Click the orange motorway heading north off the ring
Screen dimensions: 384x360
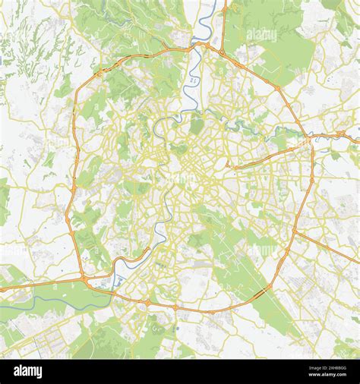[x=225, y=23]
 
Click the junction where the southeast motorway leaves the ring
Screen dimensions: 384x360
[x=295, y=231]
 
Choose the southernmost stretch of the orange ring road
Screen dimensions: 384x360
[x=197, y=310]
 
